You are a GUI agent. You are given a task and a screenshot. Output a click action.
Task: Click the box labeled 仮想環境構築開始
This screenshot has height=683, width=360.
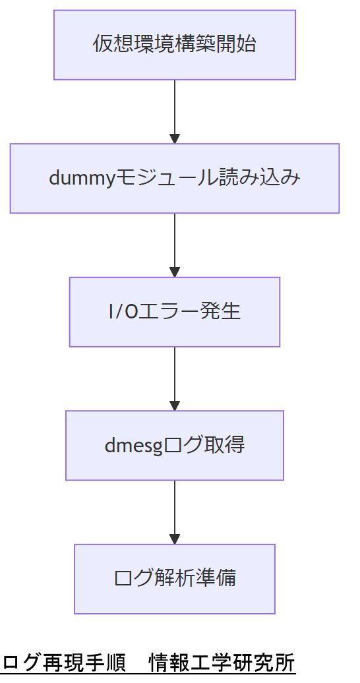174,45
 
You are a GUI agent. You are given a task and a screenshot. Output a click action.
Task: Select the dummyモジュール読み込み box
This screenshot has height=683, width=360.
174,178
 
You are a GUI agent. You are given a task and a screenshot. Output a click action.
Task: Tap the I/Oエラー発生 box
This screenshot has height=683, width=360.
174,311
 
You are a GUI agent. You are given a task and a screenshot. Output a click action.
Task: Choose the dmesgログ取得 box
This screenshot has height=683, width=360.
174,445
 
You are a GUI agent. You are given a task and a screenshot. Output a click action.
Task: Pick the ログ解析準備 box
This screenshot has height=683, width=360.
174,579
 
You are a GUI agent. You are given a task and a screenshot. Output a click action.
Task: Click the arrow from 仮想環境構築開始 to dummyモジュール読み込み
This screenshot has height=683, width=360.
174,109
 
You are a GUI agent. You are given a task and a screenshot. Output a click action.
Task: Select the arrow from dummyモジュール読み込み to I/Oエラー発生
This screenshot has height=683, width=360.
174,243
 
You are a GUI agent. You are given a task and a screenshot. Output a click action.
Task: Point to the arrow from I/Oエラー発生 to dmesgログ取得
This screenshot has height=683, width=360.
174,376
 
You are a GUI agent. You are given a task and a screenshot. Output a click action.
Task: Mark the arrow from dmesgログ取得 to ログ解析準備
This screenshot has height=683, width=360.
174,510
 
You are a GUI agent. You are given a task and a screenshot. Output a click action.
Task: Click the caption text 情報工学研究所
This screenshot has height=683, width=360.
222,662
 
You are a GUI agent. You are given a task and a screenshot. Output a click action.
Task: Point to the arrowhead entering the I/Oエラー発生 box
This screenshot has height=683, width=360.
174,272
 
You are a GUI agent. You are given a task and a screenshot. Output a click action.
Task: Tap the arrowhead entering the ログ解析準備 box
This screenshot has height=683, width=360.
174,539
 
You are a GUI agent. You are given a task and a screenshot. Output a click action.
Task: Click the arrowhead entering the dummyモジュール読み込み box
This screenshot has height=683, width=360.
174,138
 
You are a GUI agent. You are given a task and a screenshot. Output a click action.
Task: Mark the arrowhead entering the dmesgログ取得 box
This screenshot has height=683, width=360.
174,405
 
